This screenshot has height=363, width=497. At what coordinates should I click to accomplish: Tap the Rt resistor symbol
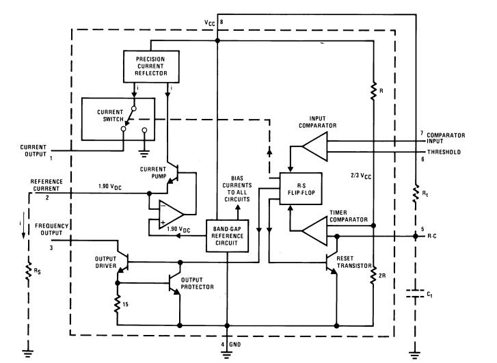point(415,196)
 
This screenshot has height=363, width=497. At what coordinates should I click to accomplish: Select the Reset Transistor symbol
point(329,263)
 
